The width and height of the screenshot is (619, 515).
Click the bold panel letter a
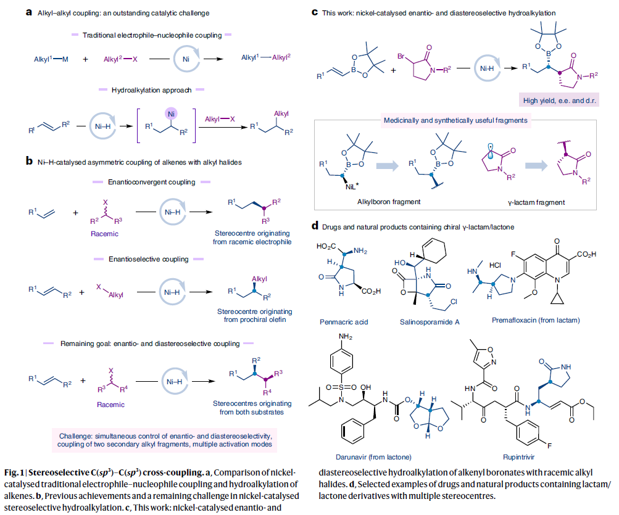(x=28, y=12)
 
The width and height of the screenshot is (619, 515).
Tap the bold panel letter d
(x=315, y=226)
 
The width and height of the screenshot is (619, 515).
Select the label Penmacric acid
(x=344, y=321)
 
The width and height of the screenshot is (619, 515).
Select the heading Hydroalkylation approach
(x=148, y=90)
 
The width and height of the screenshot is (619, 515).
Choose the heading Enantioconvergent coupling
(x=151, y=183)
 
